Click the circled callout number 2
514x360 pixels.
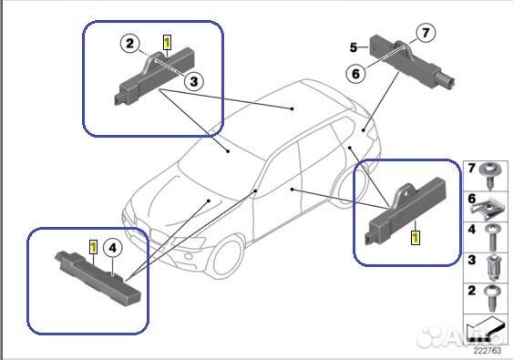coord(130,43)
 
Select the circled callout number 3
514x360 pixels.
coord(193,81)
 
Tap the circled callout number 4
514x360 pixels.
coord(111,246)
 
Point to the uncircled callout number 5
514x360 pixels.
coord(353,46)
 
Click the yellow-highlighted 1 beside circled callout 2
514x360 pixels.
coord(166,42)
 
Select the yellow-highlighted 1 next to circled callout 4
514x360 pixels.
coord(92,245)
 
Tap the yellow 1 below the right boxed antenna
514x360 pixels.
coord(416,237)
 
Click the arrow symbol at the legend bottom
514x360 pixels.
coord(483,329)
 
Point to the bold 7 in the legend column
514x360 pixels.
coord(471,169)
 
